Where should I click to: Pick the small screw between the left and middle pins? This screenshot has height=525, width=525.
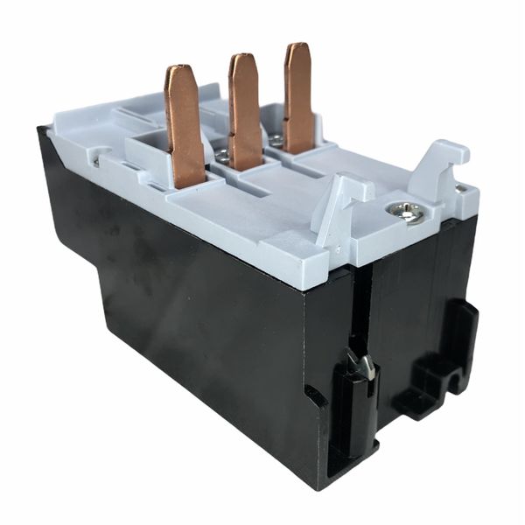pos(223,157)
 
